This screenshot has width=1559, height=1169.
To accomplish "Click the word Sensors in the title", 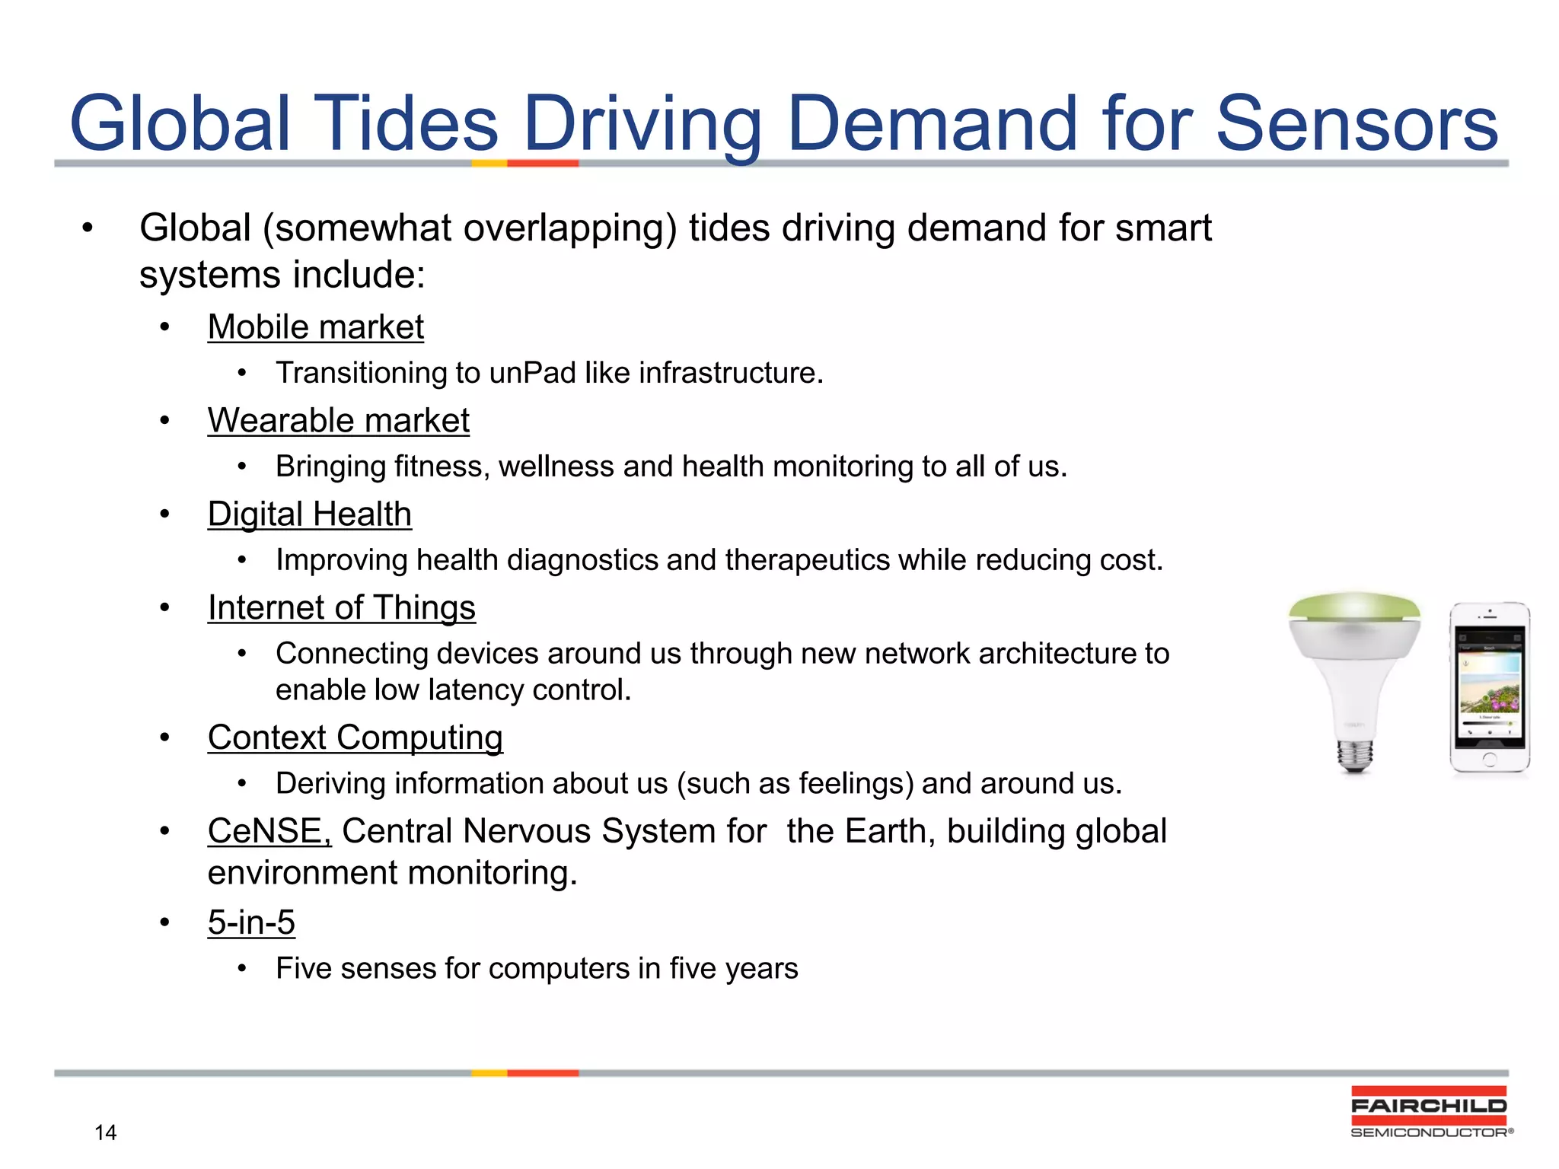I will click(1357, 124).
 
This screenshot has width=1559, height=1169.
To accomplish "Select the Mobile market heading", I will click(315, 328).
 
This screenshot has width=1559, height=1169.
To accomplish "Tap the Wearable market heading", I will click(338, 422).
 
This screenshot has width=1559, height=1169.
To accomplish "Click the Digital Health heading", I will click(309, 515).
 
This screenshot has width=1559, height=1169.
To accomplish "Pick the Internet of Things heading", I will click(341, 609).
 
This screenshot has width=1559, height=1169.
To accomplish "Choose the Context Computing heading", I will click(355, 738).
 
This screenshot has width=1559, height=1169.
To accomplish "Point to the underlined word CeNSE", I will click(269, 831).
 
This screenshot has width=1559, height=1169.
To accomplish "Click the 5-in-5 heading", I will click(251, 923).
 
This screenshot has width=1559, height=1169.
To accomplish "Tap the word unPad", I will click(532, 374).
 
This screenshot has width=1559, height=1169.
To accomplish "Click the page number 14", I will click(105, 1132).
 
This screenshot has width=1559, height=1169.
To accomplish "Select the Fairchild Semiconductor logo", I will click(1429, 1112).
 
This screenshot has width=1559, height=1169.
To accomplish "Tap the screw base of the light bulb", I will click(1355, 755).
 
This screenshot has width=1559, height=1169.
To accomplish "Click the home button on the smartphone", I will click(1490, 759).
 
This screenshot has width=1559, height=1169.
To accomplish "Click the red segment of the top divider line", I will click(543, 163).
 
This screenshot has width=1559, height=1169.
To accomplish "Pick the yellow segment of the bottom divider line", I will click(489, 1073).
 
